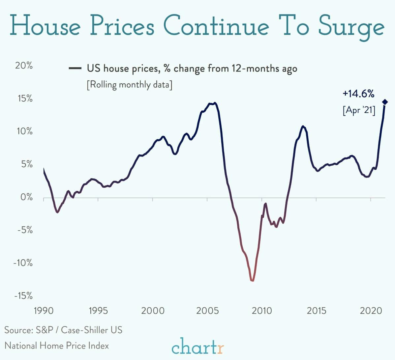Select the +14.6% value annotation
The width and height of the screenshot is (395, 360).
[358, 94]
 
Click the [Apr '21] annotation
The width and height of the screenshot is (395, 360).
[359, 110]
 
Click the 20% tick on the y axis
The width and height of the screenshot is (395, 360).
[24, 66]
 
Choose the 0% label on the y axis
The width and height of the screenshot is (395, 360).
[26, 197]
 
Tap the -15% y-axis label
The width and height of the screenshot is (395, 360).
[23, 296]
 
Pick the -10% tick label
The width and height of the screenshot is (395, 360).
[23, 263]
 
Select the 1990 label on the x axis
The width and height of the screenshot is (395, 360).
[44, 311]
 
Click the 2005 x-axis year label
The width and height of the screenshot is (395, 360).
[207, 311]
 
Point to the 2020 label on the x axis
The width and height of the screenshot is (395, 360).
[371, 311]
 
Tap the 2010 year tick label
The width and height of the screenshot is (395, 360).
[262, 311]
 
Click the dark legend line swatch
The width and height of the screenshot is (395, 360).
[75, 69]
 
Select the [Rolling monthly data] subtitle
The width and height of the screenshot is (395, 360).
[129, 85]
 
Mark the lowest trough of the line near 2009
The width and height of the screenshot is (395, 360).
[252, 281]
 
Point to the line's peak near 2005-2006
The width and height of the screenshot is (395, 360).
[215, 103]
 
